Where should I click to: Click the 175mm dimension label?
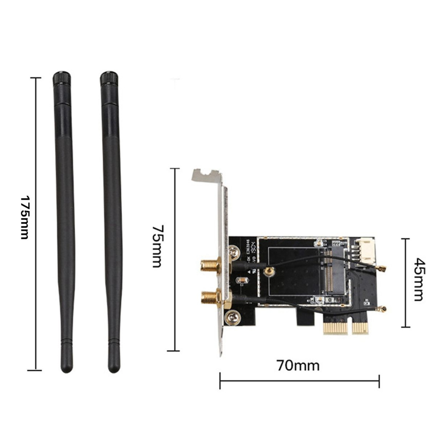click(24, 217)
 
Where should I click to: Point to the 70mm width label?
click(298, 365)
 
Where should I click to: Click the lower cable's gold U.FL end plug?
click(382, 309)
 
